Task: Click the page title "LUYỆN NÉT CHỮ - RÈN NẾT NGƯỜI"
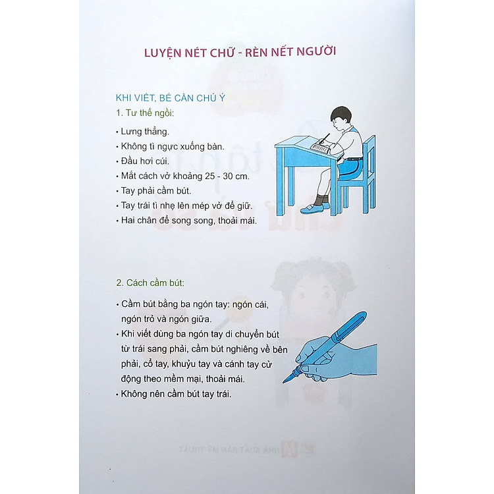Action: click(x=240, y=52)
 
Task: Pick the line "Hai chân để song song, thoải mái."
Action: click(x=185, y=221)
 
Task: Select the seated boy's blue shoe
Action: click(x=314, y=208)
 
